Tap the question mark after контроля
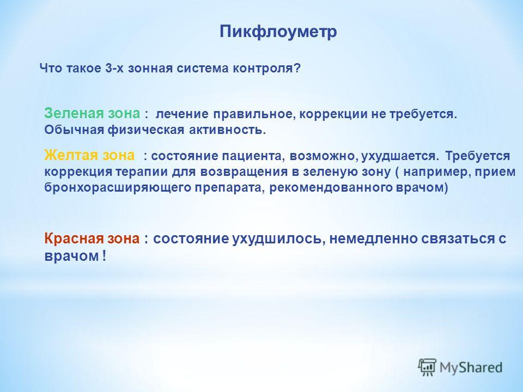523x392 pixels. pyautogui.click(x=297, y=69)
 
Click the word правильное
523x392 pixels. pyautogui.click(x=255, y=114)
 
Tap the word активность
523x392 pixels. pyautogui.click(x=227, y=130)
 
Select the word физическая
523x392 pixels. pyautogui.click(x=146, y=130)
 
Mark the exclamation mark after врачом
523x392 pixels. pyautogui.click(x=104, y=256)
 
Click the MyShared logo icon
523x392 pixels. pyautogui.click(x=427, y=367)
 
